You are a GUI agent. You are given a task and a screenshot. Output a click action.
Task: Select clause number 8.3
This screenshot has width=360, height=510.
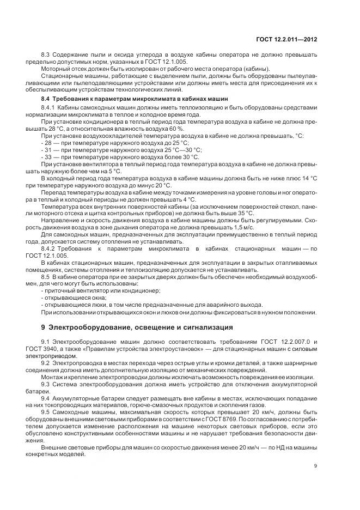click(47, 55)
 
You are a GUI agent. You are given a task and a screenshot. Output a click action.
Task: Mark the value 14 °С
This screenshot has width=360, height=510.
click(308, 178)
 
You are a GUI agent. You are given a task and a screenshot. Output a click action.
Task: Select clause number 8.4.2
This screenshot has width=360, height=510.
click(51, 248)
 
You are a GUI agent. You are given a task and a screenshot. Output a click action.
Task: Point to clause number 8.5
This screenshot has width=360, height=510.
click(47, 277)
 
